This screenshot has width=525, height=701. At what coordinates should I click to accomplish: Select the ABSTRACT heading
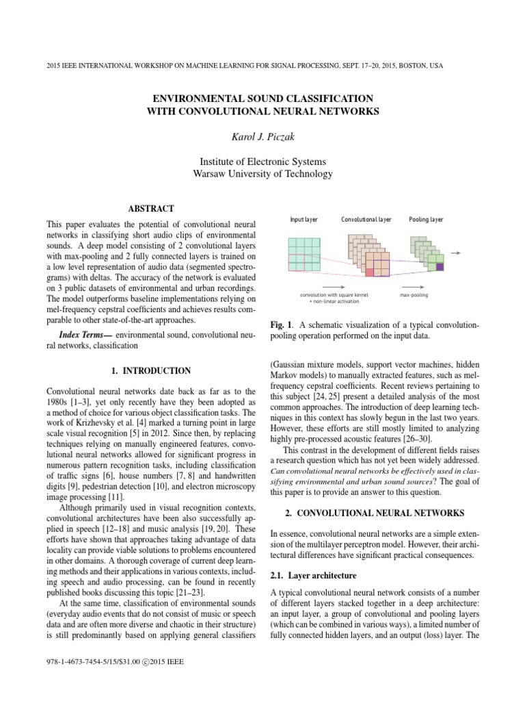click(151, 209)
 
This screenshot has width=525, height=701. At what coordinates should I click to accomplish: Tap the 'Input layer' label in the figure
click(304, 220)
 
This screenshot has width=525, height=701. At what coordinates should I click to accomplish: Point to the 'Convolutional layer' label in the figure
click(366, 220)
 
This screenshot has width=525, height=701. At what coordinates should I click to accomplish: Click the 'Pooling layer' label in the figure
click(426, 220)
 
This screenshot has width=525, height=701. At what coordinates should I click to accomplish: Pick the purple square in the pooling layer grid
click(440, 267)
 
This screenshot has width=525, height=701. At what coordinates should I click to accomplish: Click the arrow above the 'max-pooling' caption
click(418, 287)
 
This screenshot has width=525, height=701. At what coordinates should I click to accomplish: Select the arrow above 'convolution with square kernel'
click(333, 287)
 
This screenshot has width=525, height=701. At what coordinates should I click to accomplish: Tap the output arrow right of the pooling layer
click(455, 253)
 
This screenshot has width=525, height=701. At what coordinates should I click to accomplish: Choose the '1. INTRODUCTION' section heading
click(151, 371)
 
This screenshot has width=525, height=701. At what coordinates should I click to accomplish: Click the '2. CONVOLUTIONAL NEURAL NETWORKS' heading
click(375, 513)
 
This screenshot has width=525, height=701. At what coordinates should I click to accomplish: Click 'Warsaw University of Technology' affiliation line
click(262, 174)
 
